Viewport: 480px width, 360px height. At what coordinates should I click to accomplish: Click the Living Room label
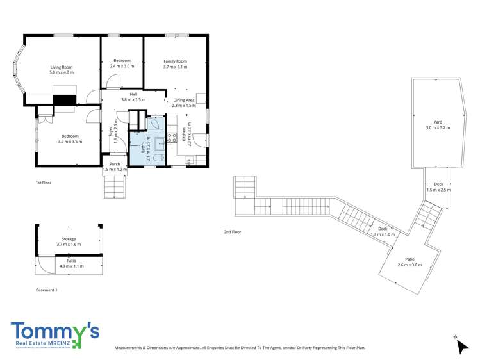click(x=62, y=67)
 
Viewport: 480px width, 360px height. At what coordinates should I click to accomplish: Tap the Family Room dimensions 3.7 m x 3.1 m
click(x=174, y=67)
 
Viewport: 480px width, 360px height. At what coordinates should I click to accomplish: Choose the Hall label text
click(x=133, y=94)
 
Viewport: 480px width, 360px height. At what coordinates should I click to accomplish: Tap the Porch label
click(x=115, y=164)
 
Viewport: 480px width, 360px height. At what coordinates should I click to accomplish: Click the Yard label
click(x=438, y=122)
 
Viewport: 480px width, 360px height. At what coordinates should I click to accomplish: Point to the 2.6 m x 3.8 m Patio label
click(x=410, y=260)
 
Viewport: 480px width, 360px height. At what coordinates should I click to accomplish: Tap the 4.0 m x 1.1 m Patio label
click(x=67, y=261)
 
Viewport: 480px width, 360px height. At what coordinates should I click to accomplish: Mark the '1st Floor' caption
click(x=43, y=183)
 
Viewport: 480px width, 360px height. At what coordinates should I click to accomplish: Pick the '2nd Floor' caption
click(x=232, y=231)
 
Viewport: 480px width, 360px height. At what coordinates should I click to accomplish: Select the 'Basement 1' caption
click(x=47, y=290)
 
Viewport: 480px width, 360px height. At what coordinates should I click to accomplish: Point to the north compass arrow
click(x=461, y=346)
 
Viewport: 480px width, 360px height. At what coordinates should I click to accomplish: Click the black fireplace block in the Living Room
click(x=64, y=99)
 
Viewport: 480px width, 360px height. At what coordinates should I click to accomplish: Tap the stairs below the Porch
click(x=115, y=186)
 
